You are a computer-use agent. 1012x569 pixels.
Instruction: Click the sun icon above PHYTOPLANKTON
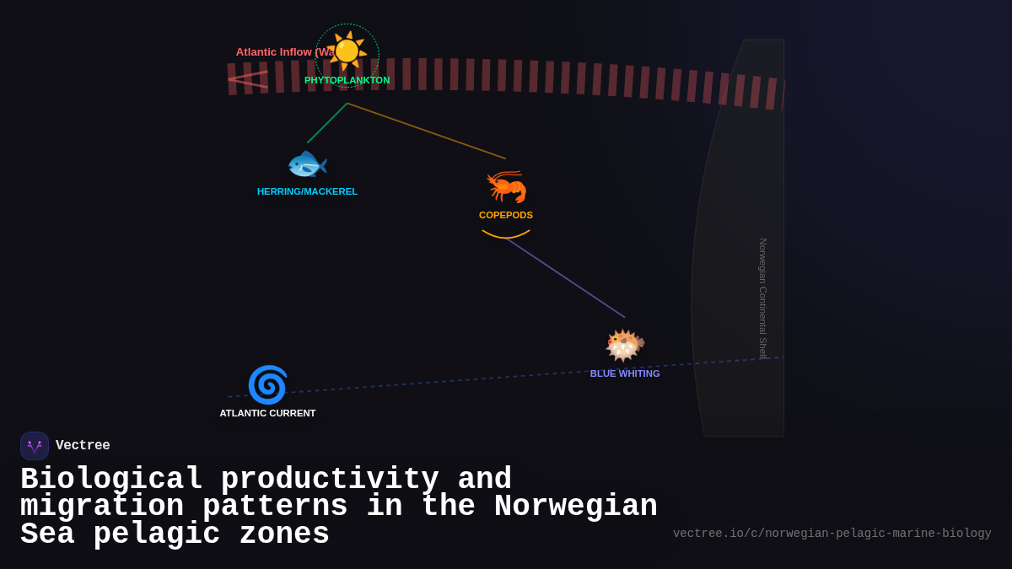tap(347, 51)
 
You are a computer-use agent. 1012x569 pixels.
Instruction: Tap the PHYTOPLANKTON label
tap(347, 80)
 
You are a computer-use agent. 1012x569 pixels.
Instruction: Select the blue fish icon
tap(307, 164)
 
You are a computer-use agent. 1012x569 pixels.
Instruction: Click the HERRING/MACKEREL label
tap(307, 191)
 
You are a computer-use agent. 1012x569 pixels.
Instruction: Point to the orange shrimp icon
tap(506, 186)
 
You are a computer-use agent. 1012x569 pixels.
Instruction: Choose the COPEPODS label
tap(506, 215)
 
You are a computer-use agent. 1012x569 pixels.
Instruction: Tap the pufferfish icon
tap(625, 346)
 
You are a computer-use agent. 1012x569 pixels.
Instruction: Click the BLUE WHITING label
tap(625, 373)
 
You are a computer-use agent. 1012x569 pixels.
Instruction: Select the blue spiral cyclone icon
tap(267, 385)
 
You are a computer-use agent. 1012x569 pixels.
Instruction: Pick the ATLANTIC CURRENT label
tap(267, 413)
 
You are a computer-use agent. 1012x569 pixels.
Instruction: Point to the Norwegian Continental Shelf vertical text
tap(762, 298)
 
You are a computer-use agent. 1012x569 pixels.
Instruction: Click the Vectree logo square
tap(35, 446)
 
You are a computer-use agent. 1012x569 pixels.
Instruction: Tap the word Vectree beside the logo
tap(83, 446)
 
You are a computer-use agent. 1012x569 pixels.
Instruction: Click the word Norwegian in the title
tap(575, 507)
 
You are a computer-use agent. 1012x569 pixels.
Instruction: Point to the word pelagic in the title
tap(156, 534)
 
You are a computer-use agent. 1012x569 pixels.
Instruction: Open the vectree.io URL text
tap(832, 534)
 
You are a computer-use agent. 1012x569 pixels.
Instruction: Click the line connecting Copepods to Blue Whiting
tap(566, 278)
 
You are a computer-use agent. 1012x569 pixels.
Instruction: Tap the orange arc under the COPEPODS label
tap(506, 236)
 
